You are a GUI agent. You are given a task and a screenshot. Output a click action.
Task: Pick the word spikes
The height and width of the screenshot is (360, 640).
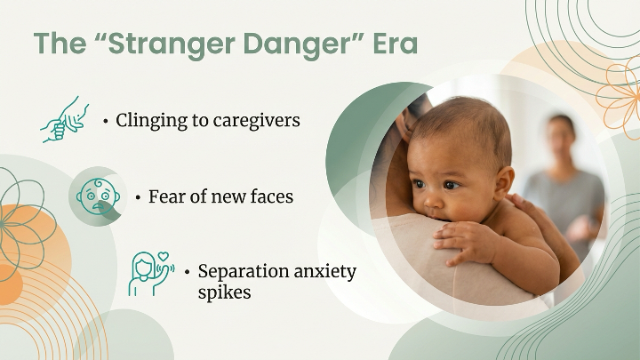tap(225, 292)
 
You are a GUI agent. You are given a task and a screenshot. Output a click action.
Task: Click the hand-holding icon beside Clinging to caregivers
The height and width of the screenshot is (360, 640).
tap(65, 119)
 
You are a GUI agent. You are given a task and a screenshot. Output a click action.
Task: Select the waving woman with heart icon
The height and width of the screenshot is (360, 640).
tap(149, 271)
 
